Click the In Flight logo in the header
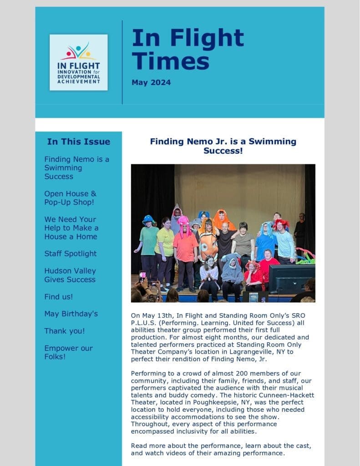pyautogui.click(x=78, y=62)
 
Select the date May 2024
pyautogui.click(x=151, y=82)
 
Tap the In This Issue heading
pyautogui.click(x=78, y=142)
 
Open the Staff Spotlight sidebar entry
pyautogui.click(x=71, y=253)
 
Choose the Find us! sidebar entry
pyautogui.click(x=58, y=297)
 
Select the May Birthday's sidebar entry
pyautogui.click(x=71, y=314)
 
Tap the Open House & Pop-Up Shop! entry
pyautogui.click(x=70, y=198)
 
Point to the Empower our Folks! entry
pyautogui.click(x=68, y=352)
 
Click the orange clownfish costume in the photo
pyautogui.click(x=208, y=246)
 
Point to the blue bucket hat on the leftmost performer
pyautogui.click(x=148, y=220)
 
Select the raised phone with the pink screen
pyautogui.click(x=142, y=276)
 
